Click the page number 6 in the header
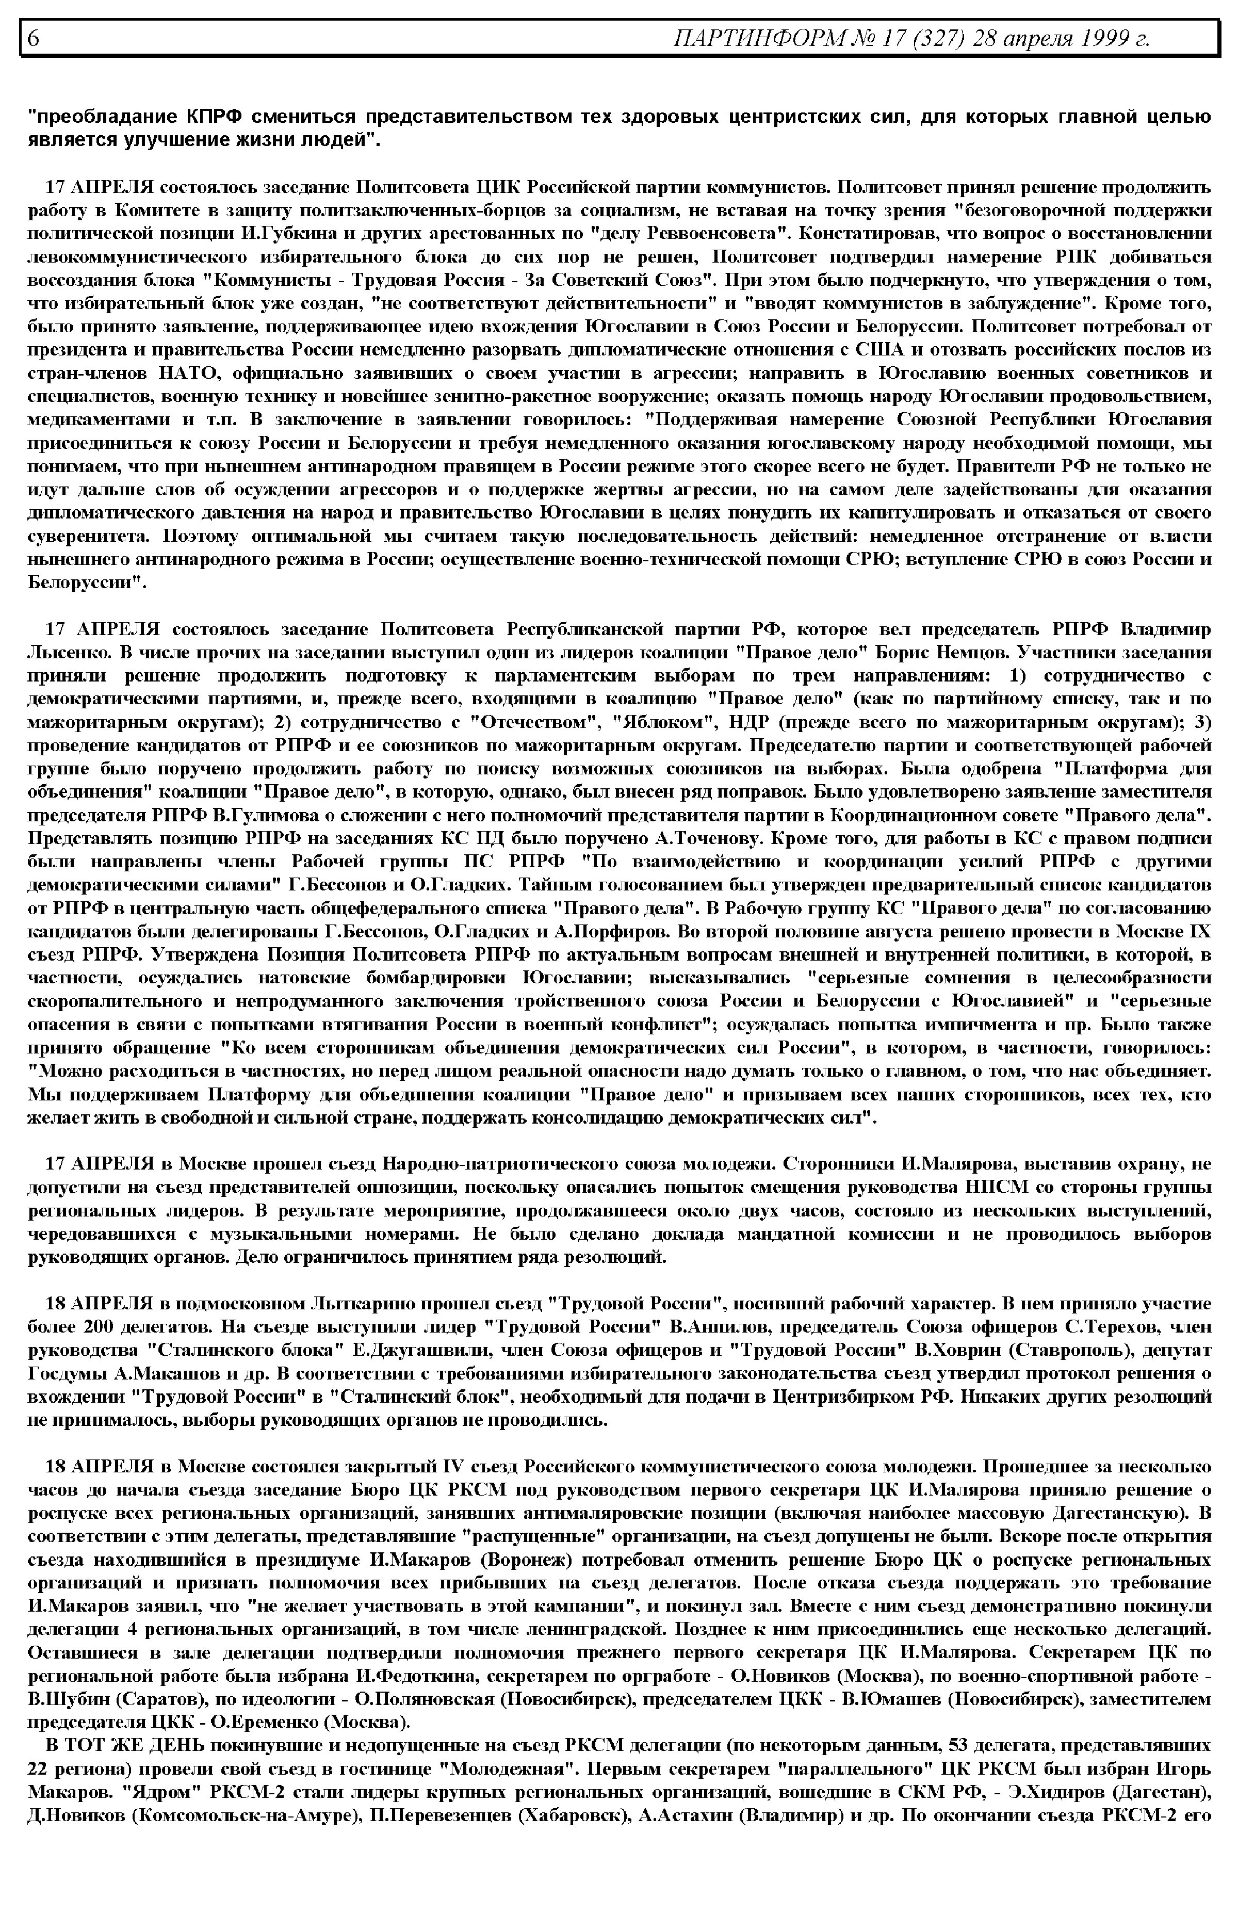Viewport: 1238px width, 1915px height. point(34,38)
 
